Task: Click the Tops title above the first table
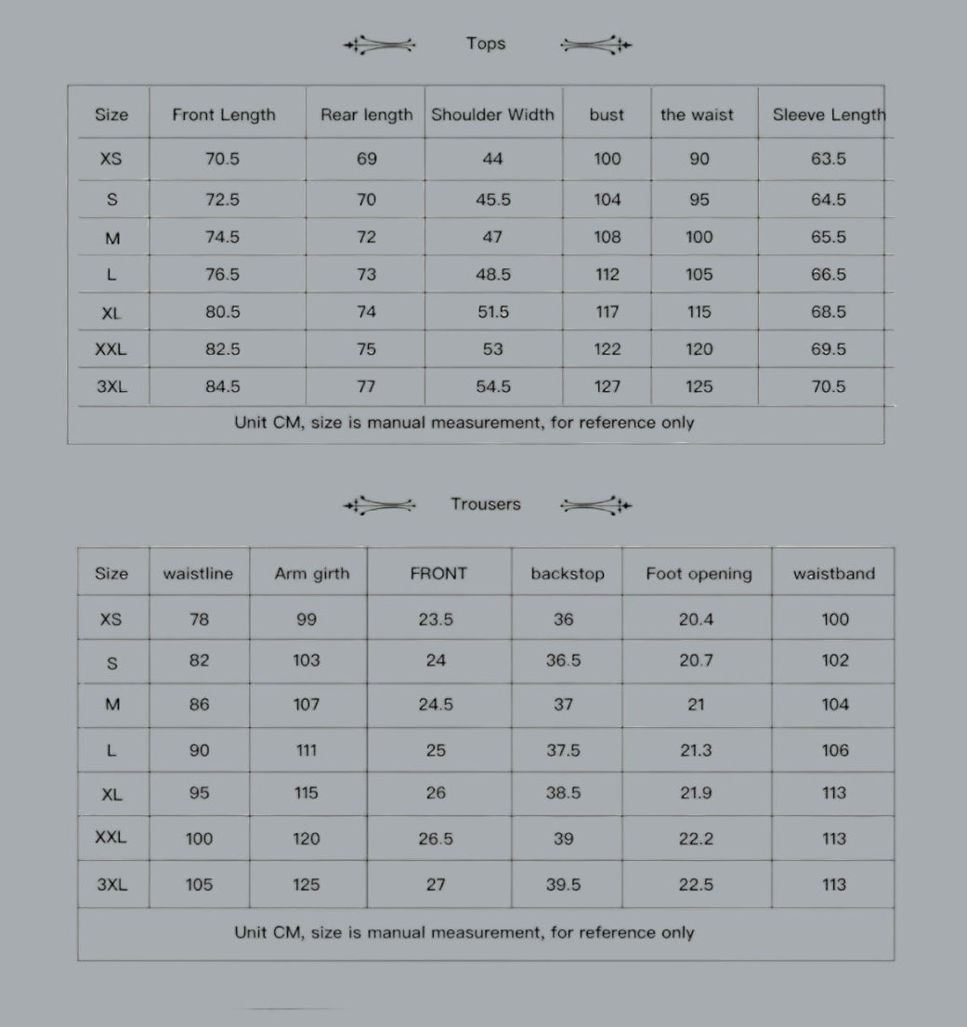pos(486,44)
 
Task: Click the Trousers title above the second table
pos(486,504)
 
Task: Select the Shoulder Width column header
pos(492,115)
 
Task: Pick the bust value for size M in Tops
pos(607,237)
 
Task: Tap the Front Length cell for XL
pos(222,312)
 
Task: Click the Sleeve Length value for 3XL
pos(828,386)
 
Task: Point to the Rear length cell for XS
pos(366,159)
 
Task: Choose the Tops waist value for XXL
pos(699,349)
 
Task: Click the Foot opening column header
pos(699,574)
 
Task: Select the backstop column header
pos(567,574)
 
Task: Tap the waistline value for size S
pos(199,660)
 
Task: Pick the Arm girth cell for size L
pos(307,750)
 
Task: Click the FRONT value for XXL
pos(436,838)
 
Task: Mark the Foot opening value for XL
pos(696,793)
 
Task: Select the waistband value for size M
pos(834,705)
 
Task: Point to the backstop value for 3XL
pos(563,885)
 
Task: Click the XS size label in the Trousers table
pos(111,619)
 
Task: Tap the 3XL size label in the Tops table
pos(111,386)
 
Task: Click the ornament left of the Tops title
pos(380,44)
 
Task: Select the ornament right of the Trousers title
pos(595,505)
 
